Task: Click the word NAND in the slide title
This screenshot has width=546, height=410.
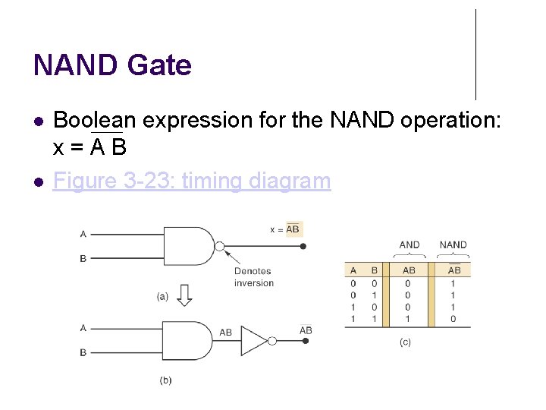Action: click(76, 65)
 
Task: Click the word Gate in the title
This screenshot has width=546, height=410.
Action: click(159, 65)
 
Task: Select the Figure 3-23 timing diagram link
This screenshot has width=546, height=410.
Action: click(192, 181)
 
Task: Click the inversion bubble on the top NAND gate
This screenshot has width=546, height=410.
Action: click(220, 246)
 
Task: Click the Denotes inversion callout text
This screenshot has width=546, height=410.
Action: click(253, 277)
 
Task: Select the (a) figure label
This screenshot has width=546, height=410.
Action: click(162, 297)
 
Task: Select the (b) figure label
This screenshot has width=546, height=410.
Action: click(165, 380)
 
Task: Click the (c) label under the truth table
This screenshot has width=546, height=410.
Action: click(405, 342)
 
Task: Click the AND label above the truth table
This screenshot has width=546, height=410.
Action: click(409, 244)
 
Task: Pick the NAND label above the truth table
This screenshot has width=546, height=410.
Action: click(453, 244)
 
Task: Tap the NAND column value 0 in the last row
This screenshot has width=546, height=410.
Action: click(453, 320)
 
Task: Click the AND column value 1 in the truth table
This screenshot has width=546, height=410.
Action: click(409, 320)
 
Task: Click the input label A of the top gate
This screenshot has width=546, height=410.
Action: click(83, 234)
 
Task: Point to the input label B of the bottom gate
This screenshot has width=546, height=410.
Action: click(83, 353)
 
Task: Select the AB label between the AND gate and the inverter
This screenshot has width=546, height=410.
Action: click(225, 333)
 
